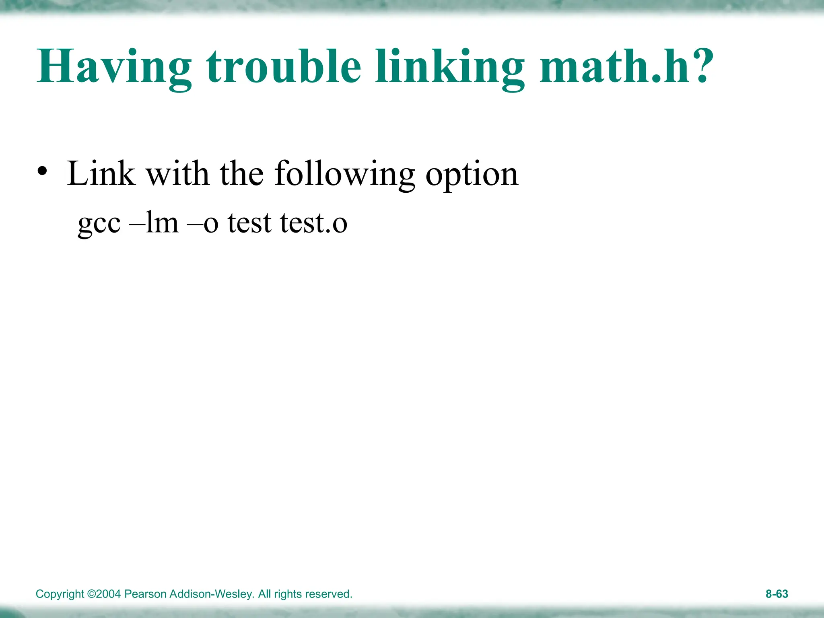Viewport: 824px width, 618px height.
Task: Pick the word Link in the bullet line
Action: click(x=101, y=173)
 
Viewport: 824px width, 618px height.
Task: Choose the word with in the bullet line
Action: click(x=177, y=173)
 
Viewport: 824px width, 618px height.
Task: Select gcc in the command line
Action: click(x=99, y=223)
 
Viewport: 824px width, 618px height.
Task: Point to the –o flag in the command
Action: click(x=203, y=223)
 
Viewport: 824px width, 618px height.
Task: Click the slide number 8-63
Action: click(x=777, y=594)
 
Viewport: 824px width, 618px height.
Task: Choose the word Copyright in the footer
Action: click(x=60, y=594)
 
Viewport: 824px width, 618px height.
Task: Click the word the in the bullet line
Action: click(x=241, y=173)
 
